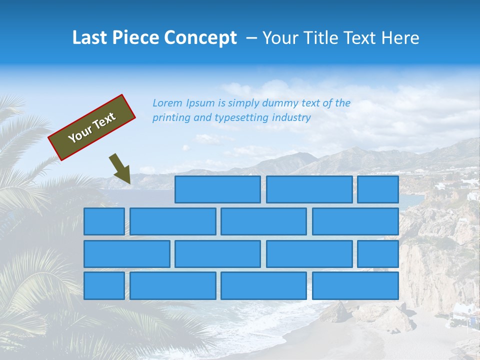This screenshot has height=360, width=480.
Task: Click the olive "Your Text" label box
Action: coord(92,127)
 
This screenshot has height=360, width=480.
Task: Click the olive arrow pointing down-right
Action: coord(120,169)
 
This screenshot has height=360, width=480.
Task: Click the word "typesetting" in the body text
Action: coord(241,118)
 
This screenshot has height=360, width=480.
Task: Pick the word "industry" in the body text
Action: coord(291,118)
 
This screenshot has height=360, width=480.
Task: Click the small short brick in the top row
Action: coord(378,189)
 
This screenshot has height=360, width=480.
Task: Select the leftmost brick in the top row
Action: coord(217,189)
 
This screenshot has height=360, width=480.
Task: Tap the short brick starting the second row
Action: coord(104,221)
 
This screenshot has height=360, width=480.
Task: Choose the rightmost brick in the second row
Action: coord(355,221)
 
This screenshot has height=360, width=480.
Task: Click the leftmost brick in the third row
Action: coord(126,254)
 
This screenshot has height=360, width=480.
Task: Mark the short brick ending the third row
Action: coord(378,254)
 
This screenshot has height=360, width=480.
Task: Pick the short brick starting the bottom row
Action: coord(104,286)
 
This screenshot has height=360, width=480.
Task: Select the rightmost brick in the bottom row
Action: coord(355,286)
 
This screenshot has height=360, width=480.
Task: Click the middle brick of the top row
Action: coord(309,189)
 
